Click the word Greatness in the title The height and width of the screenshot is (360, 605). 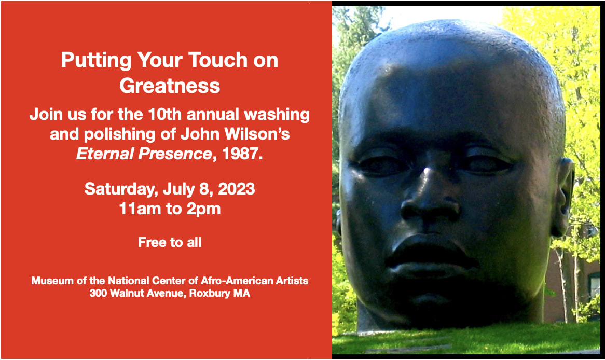click(170, 86)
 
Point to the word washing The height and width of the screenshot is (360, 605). click(277, 115)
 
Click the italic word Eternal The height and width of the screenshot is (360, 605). click(105, 154)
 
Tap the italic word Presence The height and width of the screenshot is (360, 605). click(175, 154)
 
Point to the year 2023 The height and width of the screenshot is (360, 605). click(236, 189)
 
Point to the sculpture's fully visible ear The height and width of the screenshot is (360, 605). click(562, 197)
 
